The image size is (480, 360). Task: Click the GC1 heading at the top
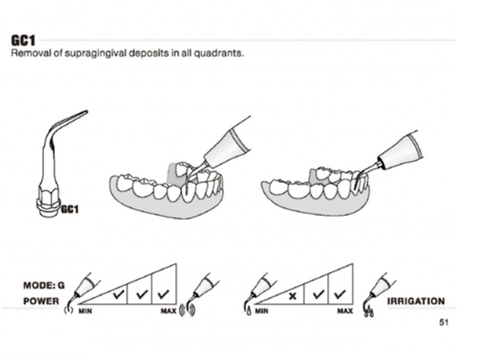(23, 40)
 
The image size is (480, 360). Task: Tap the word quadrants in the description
(219, 53)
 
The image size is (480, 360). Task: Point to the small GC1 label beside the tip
(70, 209)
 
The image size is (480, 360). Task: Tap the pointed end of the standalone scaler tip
(86, 112)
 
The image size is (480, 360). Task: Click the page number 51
(444, 322)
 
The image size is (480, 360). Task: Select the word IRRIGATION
(416, 301)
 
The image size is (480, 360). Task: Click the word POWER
(41, 301)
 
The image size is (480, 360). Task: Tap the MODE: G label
(44, 286)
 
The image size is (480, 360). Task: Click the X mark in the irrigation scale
(293, 296)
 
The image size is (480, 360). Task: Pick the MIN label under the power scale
(85, 311)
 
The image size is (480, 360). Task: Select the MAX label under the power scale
(169, 311)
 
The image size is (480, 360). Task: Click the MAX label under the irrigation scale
(345, 311)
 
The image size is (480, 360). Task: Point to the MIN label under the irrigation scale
(262, 311)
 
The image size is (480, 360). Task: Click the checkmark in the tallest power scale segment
(163, 294)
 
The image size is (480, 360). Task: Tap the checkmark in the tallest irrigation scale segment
(340, 294)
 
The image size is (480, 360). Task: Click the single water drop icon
(248, 311)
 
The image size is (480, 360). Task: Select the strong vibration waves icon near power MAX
(187, 311)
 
